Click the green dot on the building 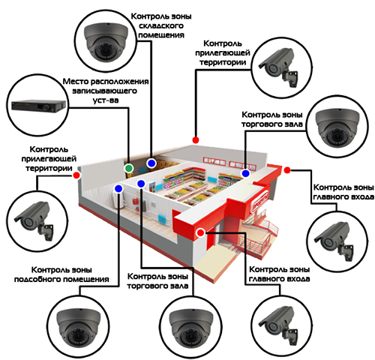[128, 168]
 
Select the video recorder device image [39, 106]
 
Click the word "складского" [161, 25]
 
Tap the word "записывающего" [105, 91]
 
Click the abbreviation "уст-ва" [106, 100]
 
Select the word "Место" [75, 82]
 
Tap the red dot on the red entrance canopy [200, 232]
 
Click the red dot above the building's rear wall [196, 140]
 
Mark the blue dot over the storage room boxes [151, 163]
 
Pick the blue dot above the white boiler [118, 188]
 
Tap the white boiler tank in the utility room [119, 200]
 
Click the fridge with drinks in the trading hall [152, 187]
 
